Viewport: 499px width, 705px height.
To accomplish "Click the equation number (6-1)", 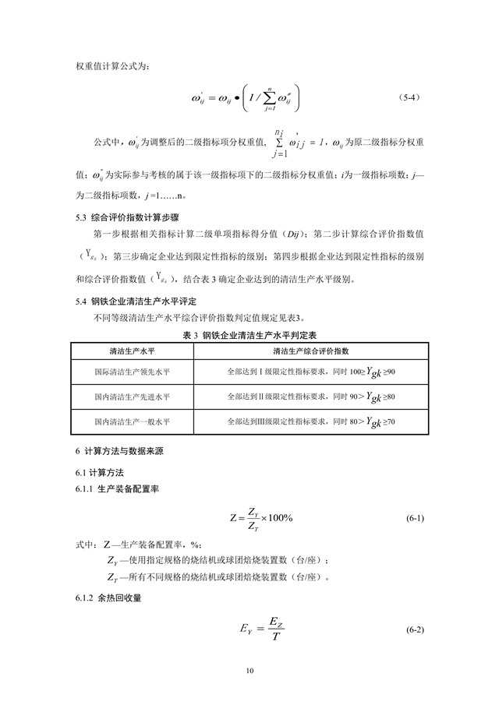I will [x=414, y=518].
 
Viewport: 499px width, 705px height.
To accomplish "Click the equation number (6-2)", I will [x=414, y=629].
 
